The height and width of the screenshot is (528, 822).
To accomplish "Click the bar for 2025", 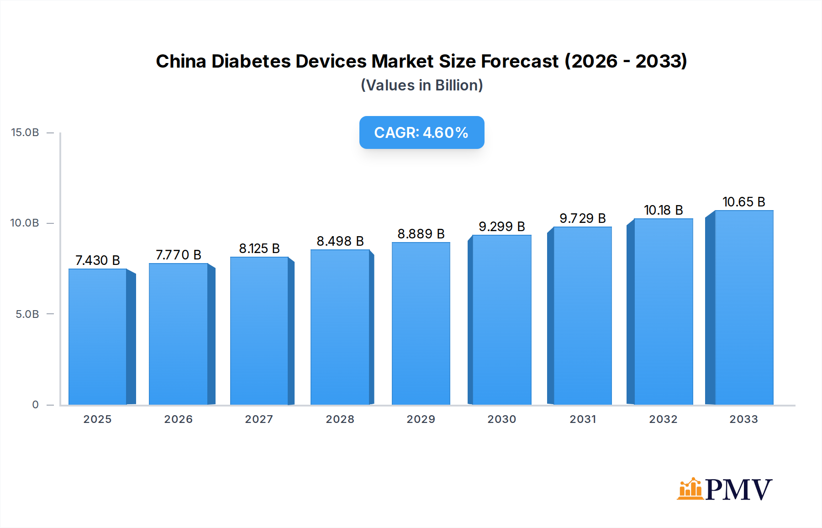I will coord(98,337).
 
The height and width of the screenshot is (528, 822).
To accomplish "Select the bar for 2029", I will coord(421,323).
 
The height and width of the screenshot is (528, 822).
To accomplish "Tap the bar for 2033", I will coord(744,307).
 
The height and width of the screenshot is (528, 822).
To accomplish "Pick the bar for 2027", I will coord(259,331).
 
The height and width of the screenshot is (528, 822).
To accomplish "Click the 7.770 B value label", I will coord(178,255).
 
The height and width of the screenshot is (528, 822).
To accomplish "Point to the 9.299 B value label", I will coord(501,227).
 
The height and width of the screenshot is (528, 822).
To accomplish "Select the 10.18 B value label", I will coord(663,210).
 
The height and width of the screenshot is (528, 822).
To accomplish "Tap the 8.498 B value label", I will coord(340,241).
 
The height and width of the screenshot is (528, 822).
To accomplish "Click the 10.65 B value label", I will coord(743,202).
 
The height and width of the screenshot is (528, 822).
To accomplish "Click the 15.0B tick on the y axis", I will coord(25,132).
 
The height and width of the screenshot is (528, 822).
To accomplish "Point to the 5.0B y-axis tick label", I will coord(27,314).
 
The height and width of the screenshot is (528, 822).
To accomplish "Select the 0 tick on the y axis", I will coord(35,405).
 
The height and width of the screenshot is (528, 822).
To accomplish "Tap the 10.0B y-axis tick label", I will coord(25,223).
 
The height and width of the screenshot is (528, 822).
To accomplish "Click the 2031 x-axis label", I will coord(582,419).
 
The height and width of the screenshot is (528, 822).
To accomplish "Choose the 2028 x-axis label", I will coord(340,419).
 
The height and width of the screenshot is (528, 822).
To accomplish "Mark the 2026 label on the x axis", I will coord(178,419).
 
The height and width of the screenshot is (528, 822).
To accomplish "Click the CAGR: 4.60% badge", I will coord(422,132).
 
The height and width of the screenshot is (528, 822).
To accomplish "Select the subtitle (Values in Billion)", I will coord(422,85).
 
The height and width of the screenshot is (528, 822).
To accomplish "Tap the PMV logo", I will coord(725,489).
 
